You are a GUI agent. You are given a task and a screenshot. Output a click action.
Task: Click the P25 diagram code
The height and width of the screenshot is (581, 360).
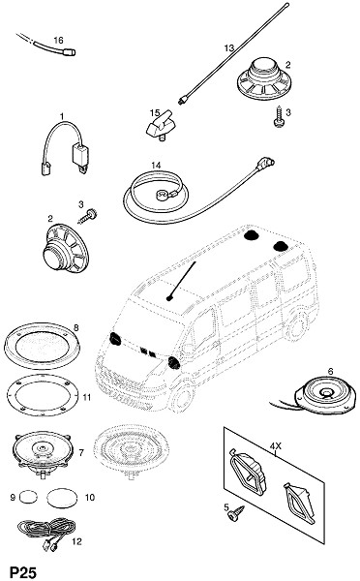23,571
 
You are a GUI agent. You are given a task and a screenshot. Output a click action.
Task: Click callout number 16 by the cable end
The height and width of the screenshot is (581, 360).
58,40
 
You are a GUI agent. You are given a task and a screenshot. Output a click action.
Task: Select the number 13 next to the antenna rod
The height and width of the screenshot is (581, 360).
229,47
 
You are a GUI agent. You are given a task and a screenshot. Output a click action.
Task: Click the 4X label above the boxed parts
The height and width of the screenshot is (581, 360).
276,446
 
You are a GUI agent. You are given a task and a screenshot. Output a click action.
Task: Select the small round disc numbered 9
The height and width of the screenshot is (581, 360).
28,496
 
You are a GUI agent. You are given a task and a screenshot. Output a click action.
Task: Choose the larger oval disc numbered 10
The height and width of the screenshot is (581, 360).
62,498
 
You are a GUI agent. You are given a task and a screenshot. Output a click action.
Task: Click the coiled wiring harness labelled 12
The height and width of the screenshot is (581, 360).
46,531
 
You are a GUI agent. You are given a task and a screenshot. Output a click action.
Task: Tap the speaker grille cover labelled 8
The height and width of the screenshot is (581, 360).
42,346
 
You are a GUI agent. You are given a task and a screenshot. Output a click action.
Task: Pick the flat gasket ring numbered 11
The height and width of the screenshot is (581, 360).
43,395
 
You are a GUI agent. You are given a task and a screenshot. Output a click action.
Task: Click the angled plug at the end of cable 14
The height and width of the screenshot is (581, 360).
266,163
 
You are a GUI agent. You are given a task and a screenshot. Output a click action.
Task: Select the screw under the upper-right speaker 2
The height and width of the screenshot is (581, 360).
280,117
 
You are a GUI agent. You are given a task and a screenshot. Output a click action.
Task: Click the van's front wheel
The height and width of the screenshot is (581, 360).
183,397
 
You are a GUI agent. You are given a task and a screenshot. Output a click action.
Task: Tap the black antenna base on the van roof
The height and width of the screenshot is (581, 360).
169,298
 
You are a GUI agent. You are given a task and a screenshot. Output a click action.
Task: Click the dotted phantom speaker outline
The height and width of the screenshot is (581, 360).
131,451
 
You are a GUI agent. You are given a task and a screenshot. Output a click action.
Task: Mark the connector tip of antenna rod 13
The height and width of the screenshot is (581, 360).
183,101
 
